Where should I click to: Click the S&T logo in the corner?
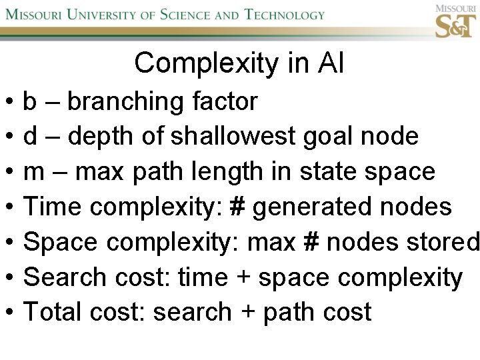point(455,21)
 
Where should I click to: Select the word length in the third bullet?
point(226,172)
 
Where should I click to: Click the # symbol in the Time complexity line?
point(235,207)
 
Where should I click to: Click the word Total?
point(51,312)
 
